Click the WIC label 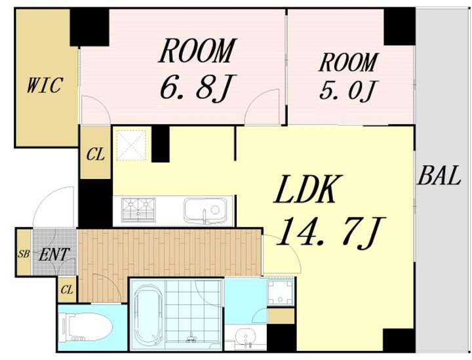pos(45,85)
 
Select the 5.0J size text pos(347,90)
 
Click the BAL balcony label pos(439,176)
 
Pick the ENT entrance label pos(54,254)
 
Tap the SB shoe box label pos(24,254)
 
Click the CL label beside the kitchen pos(96,155)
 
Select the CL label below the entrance pos(67,290)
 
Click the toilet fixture pos(87,327)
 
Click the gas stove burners pos(138,210)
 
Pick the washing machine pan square pos(281,292)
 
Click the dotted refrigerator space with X pos(131,145)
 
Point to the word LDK pos(307,189)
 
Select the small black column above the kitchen pos(161,144)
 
